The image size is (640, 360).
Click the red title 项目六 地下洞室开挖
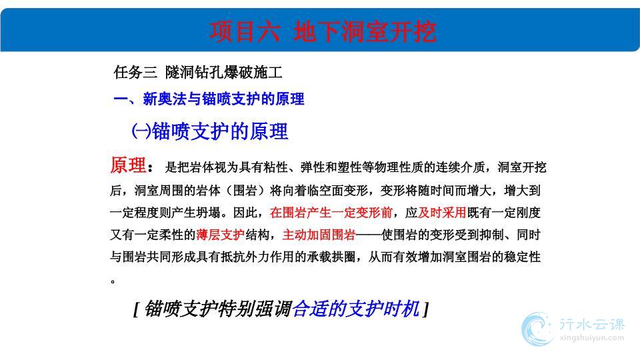(x=323, y=32)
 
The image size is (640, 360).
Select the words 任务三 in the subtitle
(x=135, y=72)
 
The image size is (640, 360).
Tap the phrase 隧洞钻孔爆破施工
(x=224, y=72)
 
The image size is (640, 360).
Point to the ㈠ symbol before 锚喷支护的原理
(x=141, y=131)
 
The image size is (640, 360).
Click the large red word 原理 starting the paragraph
(x=128, y=165)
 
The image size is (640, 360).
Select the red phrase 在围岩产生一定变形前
(x=331, y=212)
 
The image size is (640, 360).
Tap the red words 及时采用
(x=442, y=212)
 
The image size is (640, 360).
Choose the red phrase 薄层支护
(x=221, y=235)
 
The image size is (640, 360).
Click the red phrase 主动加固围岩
(x=319, y=235)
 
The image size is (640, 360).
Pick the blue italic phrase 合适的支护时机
(x=356, y=309)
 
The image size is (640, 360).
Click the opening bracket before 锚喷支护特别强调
(x=136, y=309)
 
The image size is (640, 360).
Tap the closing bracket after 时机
(x=426, y=309)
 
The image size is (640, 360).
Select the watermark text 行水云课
(x=592, y=325)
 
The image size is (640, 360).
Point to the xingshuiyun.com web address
(x=592, y=338)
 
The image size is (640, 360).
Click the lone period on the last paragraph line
(x=113, y=281)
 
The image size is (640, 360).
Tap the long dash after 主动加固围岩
(x=368, y=235)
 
